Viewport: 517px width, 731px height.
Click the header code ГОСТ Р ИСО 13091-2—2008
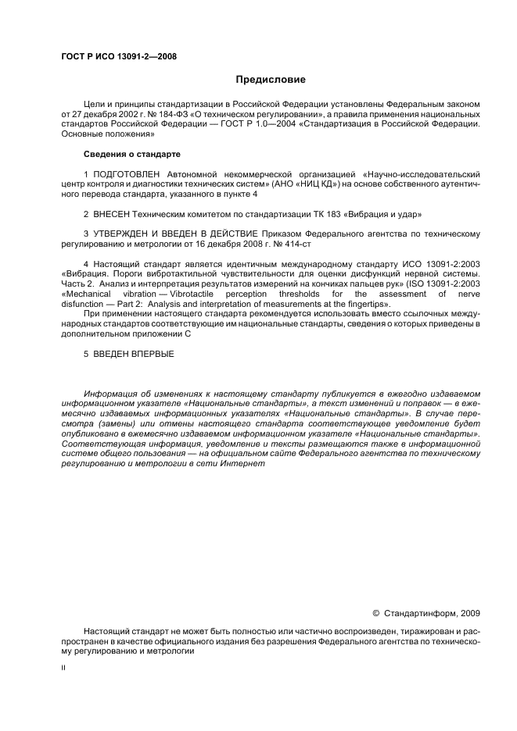click(x=118, y=55)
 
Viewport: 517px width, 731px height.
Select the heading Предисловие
click(x=271, y=80)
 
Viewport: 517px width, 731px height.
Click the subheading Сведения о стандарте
click(x=131, y=154)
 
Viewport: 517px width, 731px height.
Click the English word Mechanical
click(x=85, y=294)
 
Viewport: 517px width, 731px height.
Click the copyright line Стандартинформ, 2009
click(x=432, y=613)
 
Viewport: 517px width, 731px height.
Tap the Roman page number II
click(x=63, y=668)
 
